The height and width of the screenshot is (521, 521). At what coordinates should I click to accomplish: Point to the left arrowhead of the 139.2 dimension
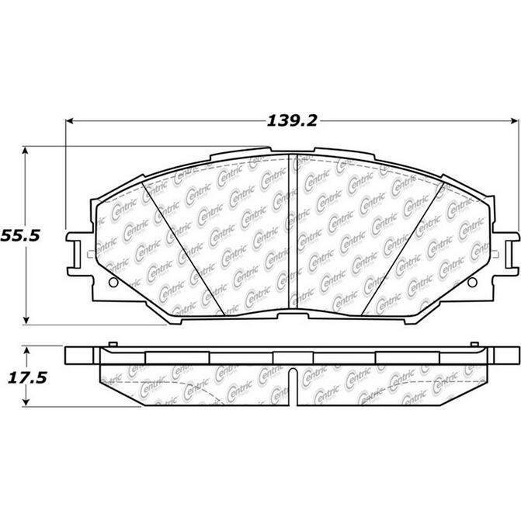(x=69, y=121)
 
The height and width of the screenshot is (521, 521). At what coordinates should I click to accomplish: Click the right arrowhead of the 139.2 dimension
(x=508, y=121)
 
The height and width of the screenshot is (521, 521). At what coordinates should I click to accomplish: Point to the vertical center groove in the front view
(x=289, y=233)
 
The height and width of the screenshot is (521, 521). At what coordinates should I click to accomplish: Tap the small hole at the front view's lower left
(x=111, y=281)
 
